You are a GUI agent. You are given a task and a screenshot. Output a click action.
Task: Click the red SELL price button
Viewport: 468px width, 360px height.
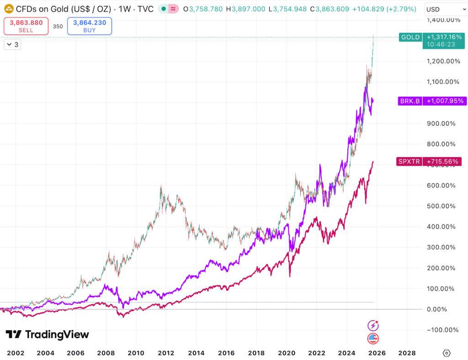[26, 26]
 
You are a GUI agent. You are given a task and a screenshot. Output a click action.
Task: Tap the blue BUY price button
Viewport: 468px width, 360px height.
[90, 26]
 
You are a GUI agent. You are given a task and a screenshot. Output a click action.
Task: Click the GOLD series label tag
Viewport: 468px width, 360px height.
[409, 37]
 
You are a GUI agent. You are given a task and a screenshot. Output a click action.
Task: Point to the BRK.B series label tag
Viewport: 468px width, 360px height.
[409, 101]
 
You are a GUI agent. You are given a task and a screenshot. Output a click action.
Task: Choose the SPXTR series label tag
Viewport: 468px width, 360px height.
[409, 161]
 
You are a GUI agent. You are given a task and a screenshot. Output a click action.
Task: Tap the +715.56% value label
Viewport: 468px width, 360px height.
[441, 161]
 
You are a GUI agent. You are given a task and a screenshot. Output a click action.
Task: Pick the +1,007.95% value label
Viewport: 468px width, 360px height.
[443, 101]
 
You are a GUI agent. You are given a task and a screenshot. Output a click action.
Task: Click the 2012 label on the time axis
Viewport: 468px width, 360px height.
[166, 353]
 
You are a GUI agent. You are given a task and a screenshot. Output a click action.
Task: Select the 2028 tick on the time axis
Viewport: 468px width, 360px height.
[407, 353]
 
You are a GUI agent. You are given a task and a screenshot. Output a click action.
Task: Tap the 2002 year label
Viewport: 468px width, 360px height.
[16, 353]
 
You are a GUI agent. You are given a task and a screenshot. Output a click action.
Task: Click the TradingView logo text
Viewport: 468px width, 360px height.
[48, 334]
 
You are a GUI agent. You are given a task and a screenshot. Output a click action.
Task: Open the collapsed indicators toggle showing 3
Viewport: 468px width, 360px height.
[12, 44]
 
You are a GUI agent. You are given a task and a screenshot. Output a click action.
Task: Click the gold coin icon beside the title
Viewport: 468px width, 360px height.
[8, 9]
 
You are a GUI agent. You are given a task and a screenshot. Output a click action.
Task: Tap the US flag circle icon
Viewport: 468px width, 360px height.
[373, 339]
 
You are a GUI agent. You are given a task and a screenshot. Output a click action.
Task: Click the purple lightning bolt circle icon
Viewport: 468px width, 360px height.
[373, 326]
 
